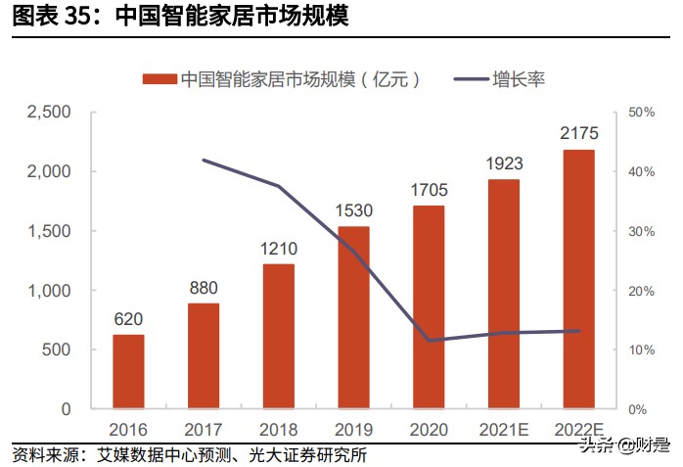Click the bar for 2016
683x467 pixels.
pyautogui.click(x=128, y=372)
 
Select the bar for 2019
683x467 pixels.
pyautogui.click(x=353, y=317)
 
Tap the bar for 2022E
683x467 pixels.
pyautogui.click(x=578, y=279)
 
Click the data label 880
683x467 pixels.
pyautogui.click(x=204, y=288)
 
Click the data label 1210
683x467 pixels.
pyautogui.click(x=279, y=249)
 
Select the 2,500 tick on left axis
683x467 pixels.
pyautogui.click(x=47, y=113)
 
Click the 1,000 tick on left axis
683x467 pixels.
pyautogui.click(x=47, y=291)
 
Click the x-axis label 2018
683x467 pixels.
pyautogui.click(x=279, y=429)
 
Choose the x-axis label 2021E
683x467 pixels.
pyautogui.click(x=504, y=429)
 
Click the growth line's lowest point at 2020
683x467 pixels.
pyautogui.click(x=429, y=341)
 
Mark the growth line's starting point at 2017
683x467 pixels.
pyautogui.click(x=204, y=160)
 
